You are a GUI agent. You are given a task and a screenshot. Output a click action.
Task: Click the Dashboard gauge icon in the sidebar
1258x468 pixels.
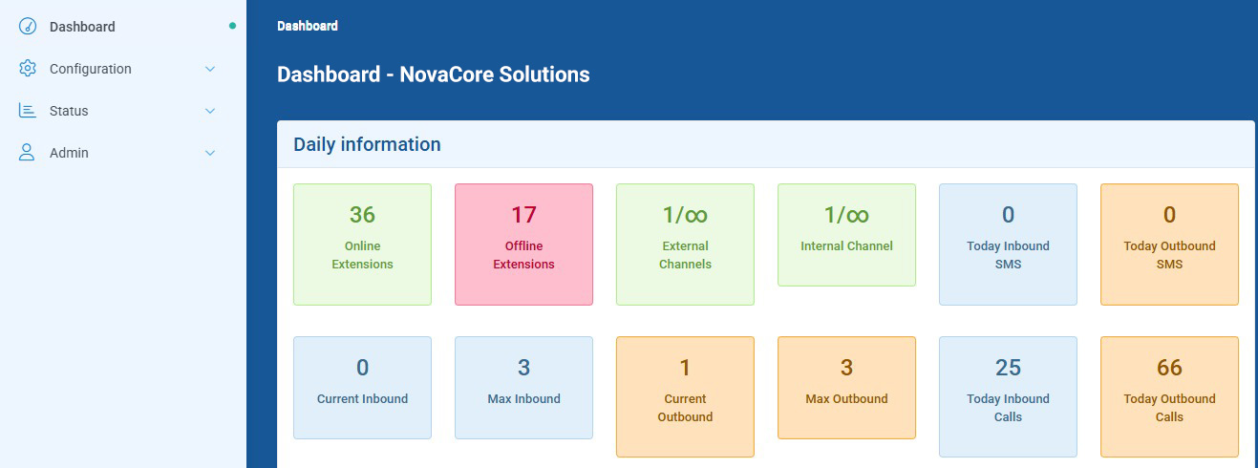[x=27, y=27]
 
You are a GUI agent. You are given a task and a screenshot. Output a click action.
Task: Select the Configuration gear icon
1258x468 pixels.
[x=27, y=69]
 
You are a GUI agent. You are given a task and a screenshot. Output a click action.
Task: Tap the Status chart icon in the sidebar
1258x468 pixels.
[x=27, y=111]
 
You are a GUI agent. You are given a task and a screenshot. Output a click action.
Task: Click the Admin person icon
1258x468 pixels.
[x=27, y=152]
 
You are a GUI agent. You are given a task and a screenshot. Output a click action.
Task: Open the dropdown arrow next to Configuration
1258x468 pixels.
[x=210, y=69]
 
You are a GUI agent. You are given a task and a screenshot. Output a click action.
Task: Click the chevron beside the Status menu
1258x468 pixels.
[x=210, y=111]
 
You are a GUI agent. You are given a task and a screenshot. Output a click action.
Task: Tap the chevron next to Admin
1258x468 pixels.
[x=210, y=153]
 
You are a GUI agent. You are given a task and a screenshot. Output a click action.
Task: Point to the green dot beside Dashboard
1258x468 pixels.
[x=232, y=26]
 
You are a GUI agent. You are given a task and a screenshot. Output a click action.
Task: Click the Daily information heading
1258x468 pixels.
[x=367, y=144]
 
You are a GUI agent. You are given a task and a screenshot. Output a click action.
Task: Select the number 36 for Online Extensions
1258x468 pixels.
[x=362, y=215]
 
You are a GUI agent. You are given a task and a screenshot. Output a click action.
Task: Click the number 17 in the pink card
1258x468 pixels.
[x=523, y=215]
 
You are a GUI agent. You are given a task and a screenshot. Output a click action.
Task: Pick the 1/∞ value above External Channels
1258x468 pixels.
[x=685, y=215]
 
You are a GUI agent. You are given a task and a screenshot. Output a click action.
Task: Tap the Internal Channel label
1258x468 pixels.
[x=846, y=246]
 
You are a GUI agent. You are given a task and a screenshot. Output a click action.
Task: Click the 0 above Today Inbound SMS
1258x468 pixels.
[x=1008, y=215]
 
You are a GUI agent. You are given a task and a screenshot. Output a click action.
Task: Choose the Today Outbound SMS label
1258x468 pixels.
[x=1169, y=255]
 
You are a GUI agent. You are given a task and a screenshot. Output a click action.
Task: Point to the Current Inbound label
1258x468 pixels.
[x=362, y=399]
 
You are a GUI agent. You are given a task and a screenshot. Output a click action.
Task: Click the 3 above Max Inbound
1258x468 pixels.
[x=523, y=368]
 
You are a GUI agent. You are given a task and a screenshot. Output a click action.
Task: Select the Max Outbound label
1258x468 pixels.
[x=846, y=399]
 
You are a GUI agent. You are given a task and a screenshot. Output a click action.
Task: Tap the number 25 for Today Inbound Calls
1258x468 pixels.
[x=1008, y=368]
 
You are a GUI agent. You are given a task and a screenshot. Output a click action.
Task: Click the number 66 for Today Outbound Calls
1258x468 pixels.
[x=1169, y=368]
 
